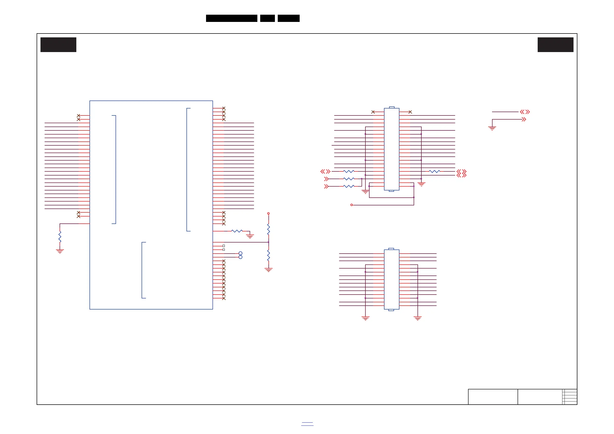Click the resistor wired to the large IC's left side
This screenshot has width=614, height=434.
coord(60,237)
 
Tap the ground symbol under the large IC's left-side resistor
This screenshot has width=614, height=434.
coord(60,251)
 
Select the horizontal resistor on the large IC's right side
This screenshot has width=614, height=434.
coord(237,231)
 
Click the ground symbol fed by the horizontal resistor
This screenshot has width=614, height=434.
coord(250,236)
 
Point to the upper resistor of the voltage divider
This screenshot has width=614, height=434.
coord(268,229)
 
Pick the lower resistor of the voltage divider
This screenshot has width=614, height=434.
coord(268,255)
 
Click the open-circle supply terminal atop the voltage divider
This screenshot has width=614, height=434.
coord(268,214)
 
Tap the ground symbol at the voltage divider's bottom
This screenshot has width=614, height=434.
coord(268,270)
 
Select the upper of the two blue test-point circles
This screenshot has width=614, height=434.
coord(240,253)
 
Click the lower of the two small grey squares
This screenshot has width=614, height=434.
coord(224,250)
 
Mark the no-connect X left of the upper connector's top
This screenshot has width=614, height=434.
coord(373,112)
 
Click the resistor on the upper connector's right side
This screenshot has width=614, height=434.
coord(434,171)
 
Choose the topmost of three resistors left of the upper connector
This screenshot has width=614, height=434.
coord(349,171)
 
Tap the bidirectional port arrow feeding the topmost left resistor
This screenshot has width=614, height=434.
coord(325,171)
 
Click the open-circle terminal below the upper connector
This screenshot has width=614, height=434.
coord(352,205)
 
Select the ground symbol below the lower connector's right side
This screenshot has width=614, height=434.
coord(417,318)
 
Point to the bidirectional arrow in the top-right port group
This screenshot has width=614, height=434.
coord(525,112)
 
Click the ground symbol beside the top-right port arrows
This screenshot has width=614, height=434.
coord(492,128)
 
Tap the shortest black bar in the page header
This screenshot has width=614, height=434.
coord(267,18)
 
